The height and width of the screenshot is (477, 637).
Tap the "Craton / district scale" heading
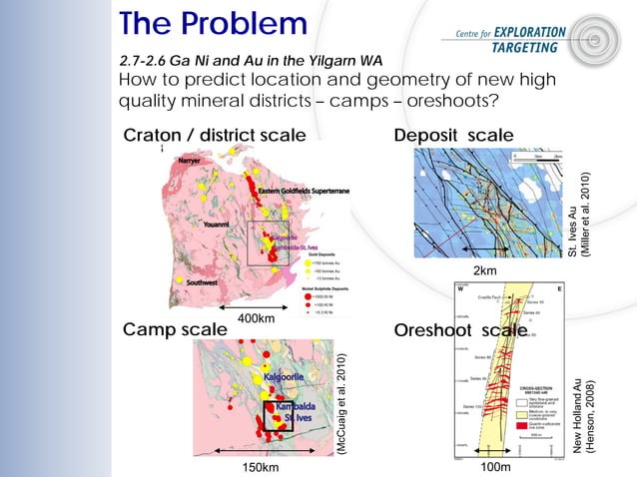tap(213, 137)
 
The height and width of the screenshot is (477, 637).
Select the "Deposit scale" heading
tap(454, 137)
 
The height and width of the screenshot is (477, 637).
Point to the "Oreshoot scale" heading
tap(460, 330)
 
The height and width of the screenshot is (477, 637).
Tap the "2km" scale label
tap(482, 269)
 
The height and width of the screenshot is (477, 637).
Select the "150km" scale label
tap(261, 466)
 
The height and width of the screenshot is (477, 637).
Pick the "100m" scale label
tap(495, 466)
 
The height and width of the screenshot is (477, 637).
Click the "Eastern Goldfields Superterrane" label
tap(304, 191)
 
